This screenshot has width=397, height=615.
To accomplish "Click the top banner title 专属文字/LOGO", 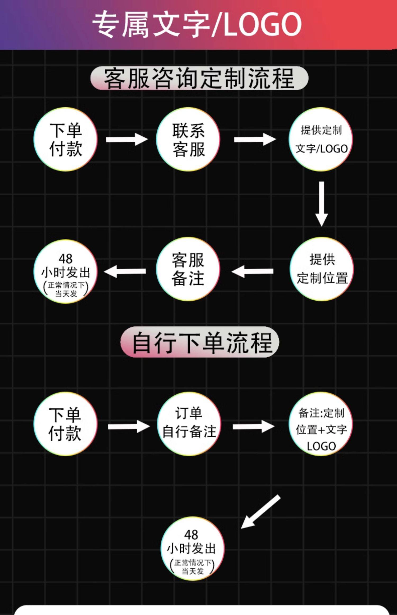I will coord(197,24).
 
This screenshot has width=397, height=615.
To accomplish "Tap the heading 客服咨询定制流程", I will coord(199,78).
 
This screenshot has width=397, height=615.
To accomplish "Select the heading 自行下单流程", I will coord(200,342).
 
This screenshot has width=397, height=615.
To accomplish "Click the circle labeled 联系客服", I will coord(188,139).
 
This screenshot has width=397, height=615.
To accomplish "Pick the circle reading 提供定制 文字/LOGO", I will coord(321,139).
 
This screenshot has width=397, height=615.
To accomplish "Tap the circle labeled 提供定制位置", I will coord(322,269).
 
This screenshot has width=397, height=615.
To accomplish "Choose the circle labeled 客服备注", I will coord(188,269).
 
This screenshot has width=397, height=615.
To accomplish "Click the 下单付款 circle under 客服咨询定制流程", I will coord(66,139).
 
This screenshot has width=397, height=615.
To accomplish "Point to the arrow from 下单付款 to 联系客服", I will coord(127,139).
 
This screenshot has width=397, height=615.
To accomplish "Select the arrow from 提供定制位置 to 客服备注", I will coord(252,271).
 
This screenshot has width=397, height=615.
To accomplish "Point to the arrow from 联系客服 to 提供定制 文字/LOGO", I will coord(255,139).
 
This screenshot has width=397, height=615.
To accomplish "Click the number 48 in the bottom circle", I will coord(191,534).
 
